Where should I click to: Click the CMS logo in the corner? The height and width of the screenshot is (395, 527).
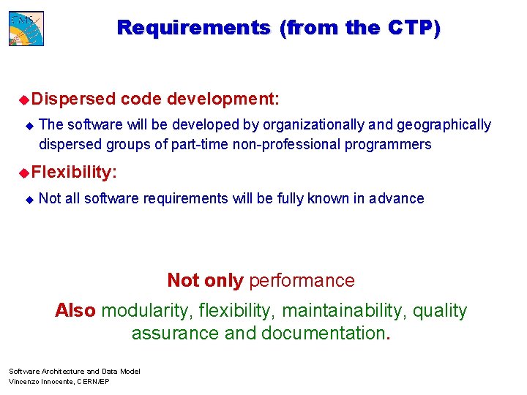coord(26,27)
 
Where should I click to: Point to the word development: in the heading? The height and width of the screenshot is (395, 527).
coord(223,98)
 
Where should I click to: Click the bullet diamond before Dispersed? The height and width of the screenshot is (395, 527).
coord(23,98)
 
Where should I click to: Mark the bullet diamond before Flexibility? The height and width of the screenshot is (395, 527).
coord(23,172)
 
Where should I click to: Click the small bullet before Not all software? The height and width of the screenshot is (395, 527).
coord(29,199)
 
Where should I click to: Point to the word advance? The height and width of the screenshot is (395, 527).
coord(397,198)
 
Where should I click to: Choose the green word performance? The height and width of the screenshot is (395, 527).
coord(302,280)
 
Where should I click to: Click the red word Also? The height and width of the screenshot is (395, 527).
coord(75,310)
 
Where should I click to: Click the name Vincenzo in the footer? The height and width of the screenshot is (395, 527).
coord(23,382)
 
